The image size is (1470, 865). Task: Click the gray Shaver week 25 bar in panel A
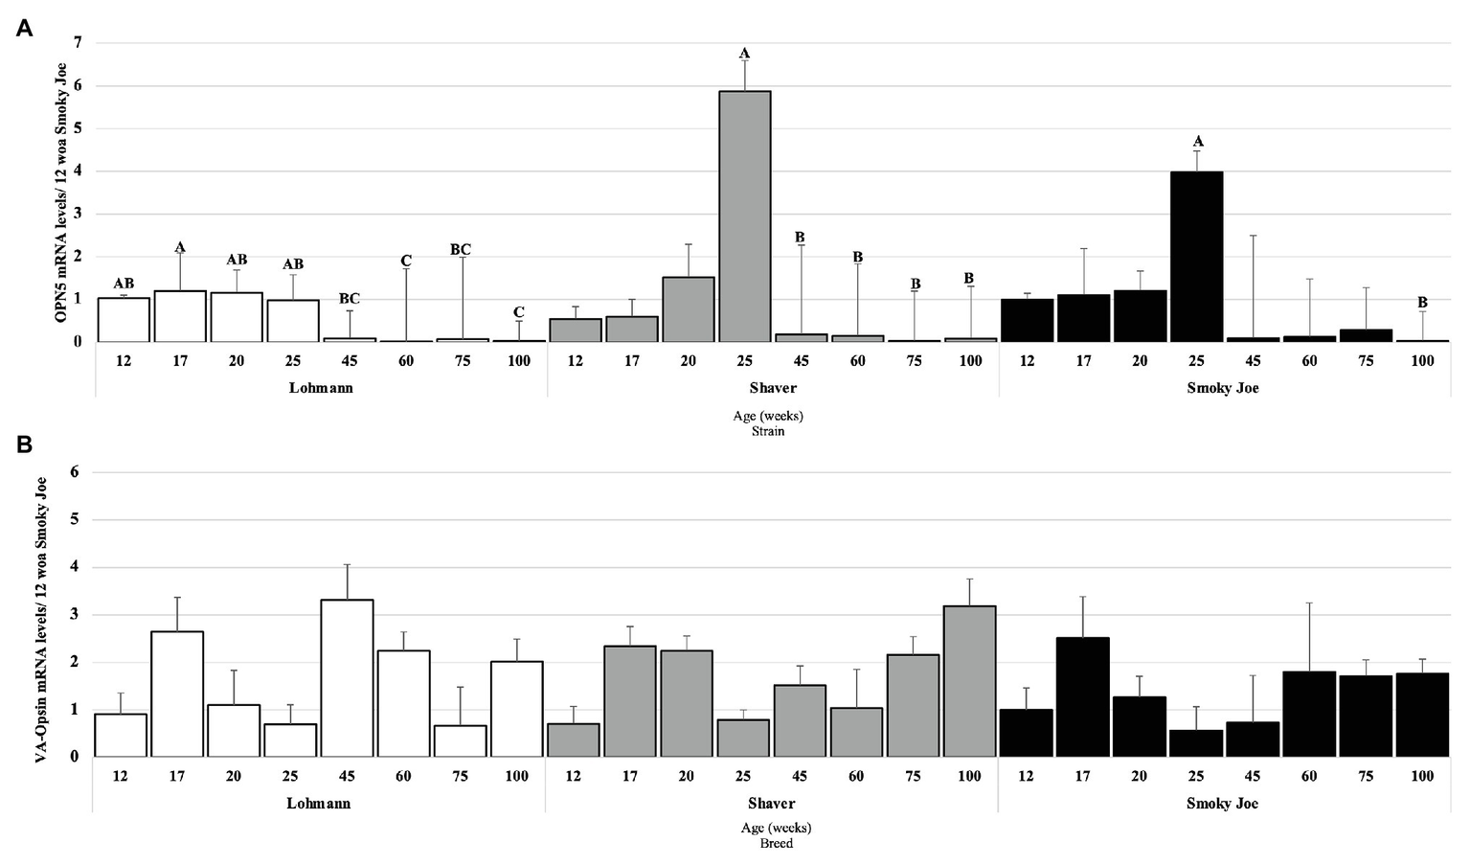coord(744,216)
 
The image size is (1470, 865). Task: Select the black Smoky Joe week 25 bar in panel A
coord(1196,257)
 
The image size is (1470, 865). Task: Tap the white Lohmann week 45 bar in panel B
coord(347,678)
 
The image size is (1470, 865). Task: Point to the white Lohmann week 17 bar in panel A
coord(179,316)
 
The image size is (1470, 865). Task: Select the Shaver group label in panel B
coord(772,804)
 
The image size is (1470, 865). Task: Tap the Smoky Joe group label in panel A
coord(1222,388)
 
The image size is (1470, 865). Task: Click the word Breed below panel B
coord(776,844)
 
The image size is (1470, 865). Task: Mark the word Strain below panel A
coord(768,431)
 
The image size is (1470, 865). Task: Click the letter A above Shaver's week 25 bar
coord(744,54)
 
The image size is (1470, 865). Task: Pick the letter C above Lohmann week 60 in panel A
coord(406,261)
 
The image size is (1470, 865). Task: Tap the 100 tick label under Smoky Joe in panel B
coord(1421,776)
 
